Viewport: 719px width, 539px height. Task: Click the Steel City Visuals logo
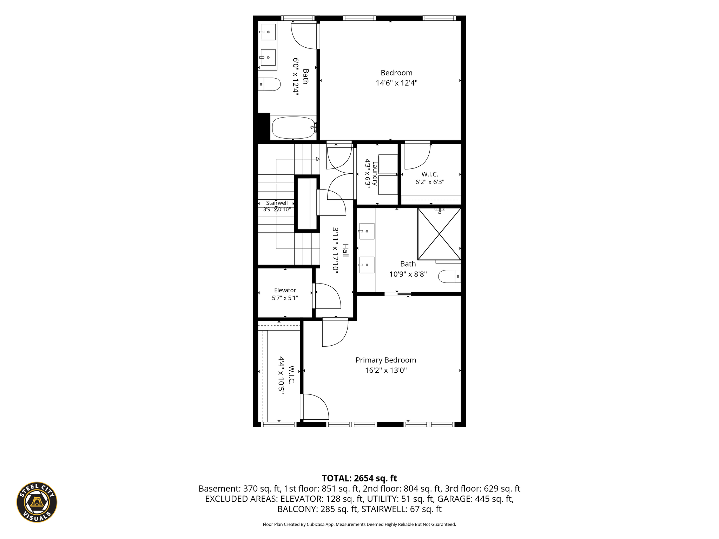(37, 502)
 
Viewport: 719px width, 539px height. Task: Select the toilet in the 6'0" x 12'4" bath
(269, 84)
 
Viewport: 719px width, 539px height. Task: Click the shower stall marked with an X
(439, 234)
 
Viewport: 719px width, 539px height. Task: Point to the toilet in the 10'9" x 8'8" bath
(450, 276)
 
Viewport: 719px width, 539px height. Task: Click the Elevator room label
(285, 290)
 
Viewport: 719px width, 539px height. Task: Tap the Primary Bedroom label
(386, 360)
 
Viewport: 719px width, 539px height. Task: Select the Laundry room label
(375, 173)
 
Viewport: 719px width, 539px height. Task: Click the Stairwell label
(277, 203)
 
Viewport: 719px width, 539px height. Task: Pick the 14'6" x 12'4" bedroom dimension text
(397, 83)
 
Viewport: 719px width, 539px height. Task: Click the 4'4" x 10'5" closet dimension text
(281, 375)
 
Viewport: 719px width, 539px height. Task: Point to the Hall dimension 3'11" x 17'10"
(336, 250)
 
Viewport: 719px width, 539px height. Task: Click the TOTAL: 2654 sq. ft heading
(359, 478)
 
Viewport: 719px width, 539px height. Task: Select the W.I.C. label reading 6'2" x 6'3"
(430, 174)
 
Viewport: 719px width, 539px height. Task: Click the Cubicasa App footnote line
(359, 524)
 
